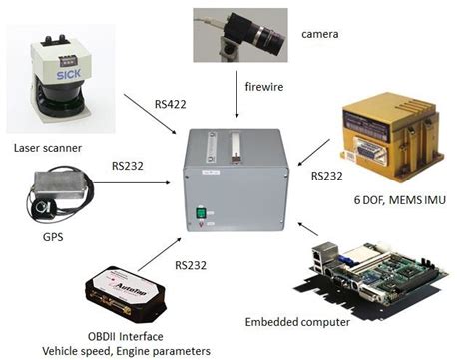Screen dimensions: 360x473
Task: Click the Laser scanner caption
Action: pos(49,149)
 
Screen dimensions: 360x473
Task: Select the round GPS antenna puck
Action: pos(44,210)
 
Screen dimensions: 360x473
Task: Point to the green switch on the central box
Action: pos(205,210)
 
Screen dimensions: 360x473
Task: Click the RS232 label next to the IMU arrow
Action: pos(328,177)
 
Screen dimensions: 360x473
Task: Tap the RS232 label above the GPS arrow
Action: pos(125,165)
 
